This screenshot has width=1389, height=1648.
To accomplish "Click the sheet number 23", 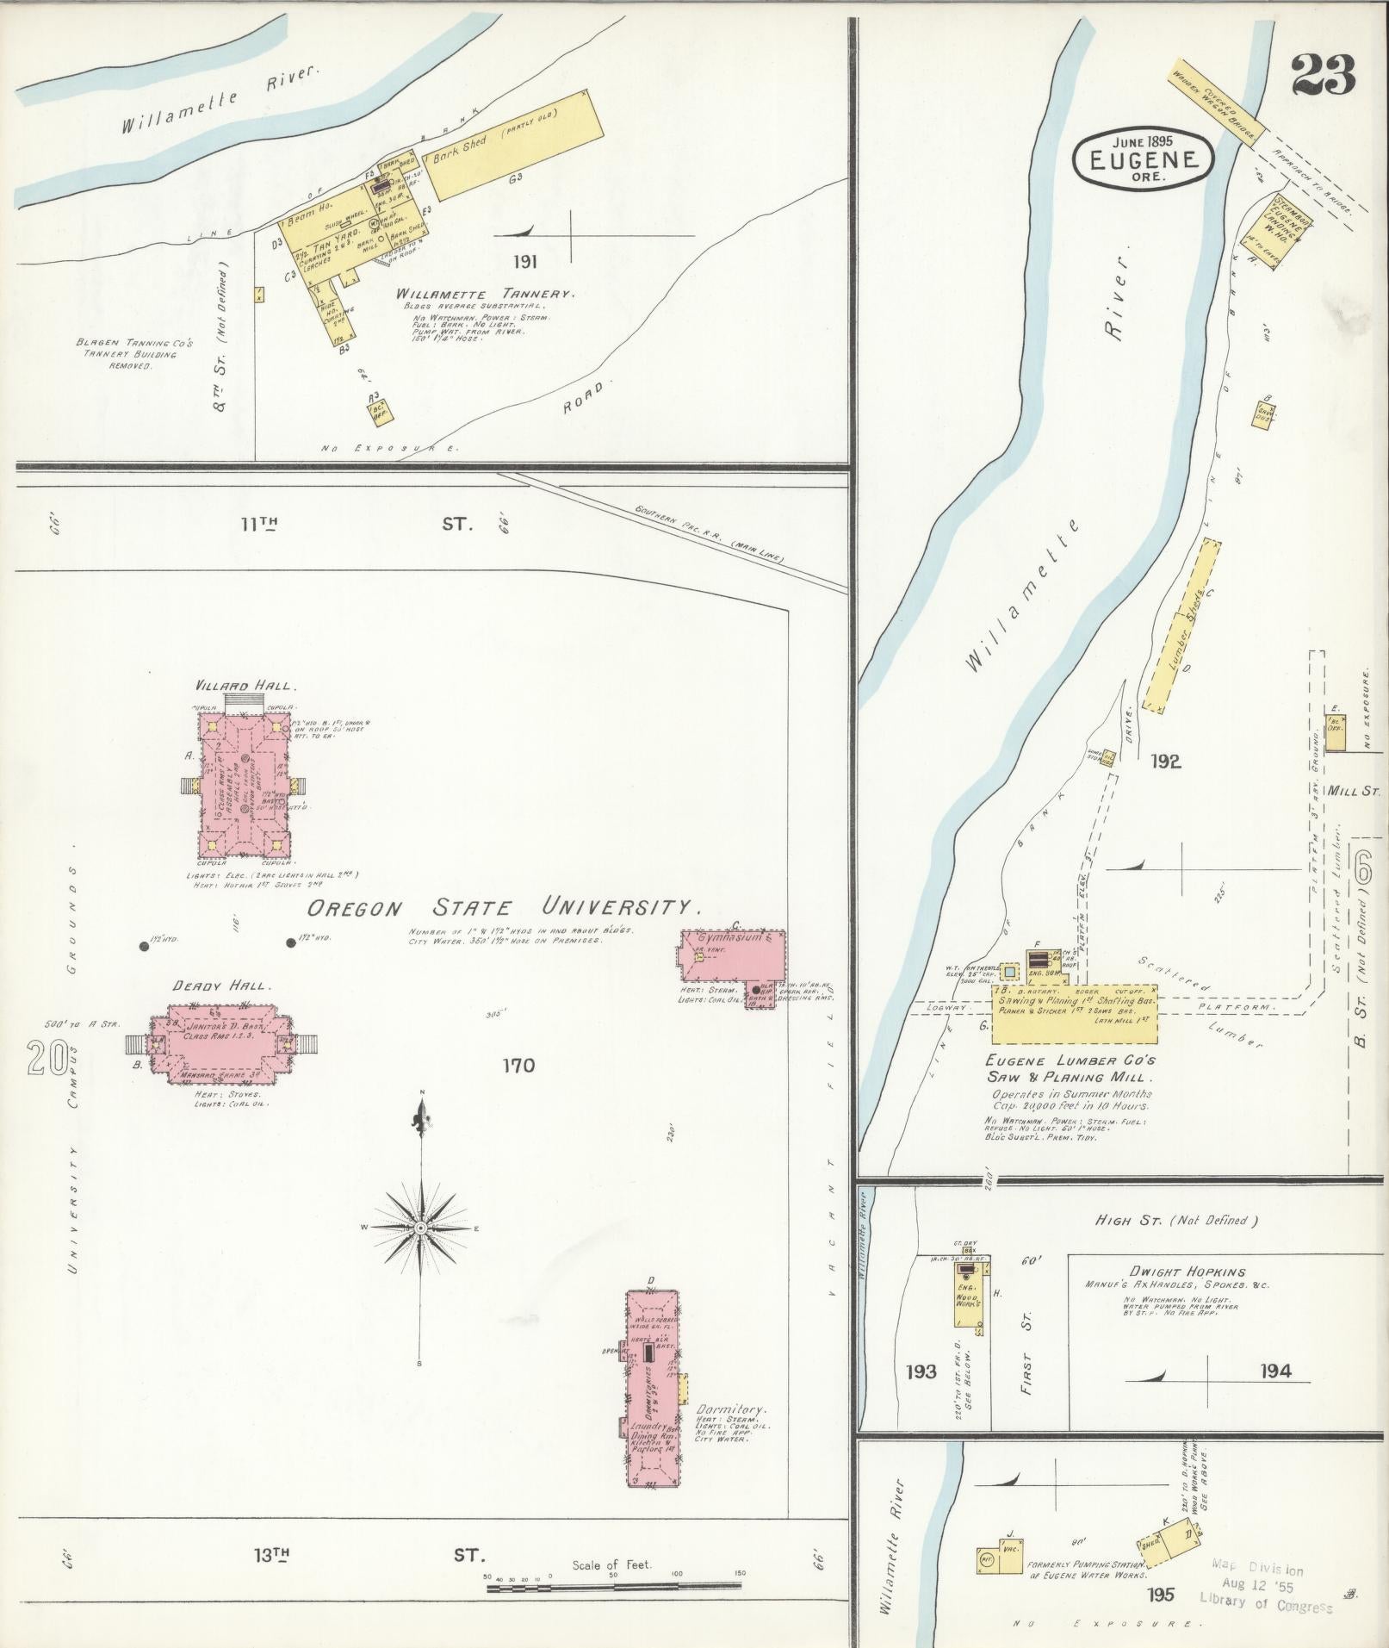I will coord(1323,75).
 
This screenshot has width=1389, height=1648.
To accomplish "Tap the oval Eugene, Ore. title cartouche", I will coord(1143,158).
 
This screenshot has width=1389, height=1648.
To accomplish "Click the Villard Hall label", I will coord(246,686).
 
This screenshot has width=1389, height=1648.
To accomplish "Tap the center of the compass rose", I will coord(420,1228).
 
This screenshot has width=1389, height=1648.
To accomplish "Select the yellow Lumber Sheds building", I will coord(1181,625).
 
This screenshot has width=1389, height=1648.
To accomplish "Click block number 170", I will coord(518,1066).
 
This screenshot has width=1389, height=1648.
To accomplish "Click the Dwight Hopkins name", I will coord(1188,1272).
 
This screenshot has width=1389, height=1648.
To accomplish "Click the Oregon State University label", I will coord(504,908).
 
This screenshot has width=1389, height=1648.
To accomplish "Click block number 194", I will coord(1275,1371).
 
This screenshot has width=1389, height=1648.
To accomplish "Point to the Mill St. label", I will coord(1354,789).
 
